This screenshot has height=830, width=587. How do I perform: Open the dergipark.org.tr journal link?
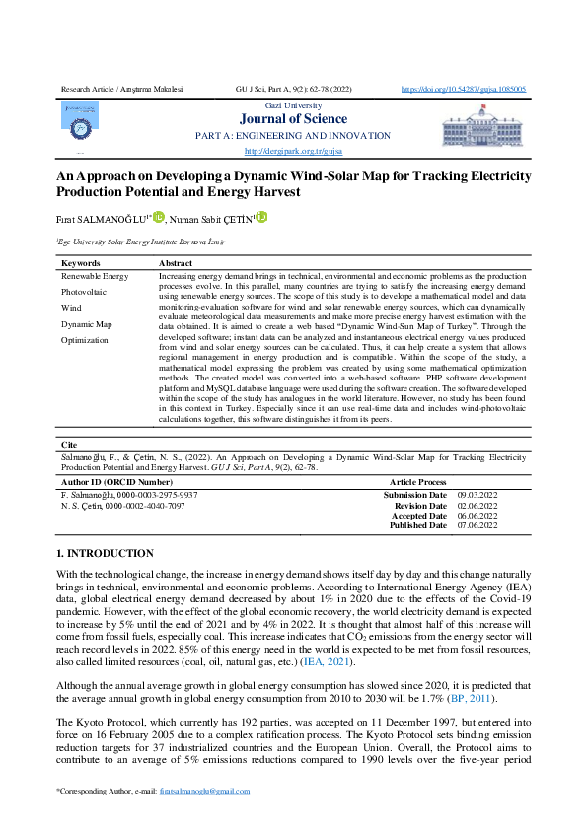tap(293, 151)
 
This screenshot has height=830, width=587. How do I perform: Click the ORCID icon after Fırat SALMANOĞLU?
tap(158, 217)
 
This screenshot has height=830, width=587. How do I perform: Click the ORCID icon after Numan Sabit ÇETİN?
tap(261, 217)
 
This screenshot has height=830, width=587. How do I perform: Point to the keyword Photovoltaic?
tap(86, 292)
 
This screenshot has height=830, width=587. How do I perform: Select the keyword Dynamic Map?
tap(86, 323)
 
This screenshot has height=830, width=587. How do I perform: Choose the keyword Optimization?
tap(85, 339)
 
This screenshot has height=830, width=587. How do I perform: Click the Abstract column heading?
tap(176, 264)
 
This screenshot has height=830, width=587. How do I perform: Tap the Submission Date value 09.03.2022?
tap(477, 494)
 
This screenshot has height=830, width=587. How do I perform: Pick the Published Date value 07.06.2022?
tap(477, 525)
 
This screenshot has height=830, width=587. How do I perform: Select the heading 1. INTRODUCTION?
tap(105, 553)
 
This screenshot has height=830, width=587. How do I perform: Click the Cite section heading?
tap(68, 445)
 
